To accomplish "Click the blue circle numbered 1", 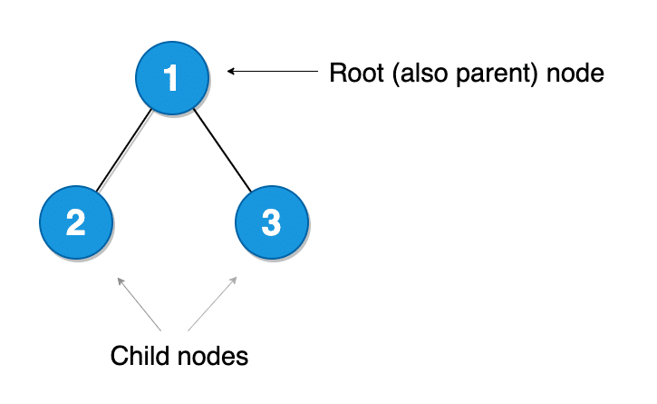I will (172, 79).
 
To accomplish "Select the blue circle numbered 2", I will (76, 222).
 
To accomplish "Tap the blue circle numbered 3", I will (271, 222).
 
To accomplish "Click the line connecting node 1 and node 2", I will (124, 151).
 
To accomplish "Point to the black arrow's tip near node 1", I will (229, 71).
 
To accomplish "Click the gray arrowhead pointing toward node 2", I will (120, 281).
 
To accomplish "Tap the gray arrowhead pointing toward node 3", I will (236, 281).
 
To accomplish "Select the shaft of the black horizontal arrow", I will (272, 71).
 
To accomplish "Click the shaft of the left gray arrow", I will (140, 306).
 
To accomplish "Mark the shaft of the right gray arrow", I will (212, 305).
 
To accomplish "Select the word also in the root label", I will (407, 74).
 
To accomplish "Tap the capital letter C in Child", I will (119, 356).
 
